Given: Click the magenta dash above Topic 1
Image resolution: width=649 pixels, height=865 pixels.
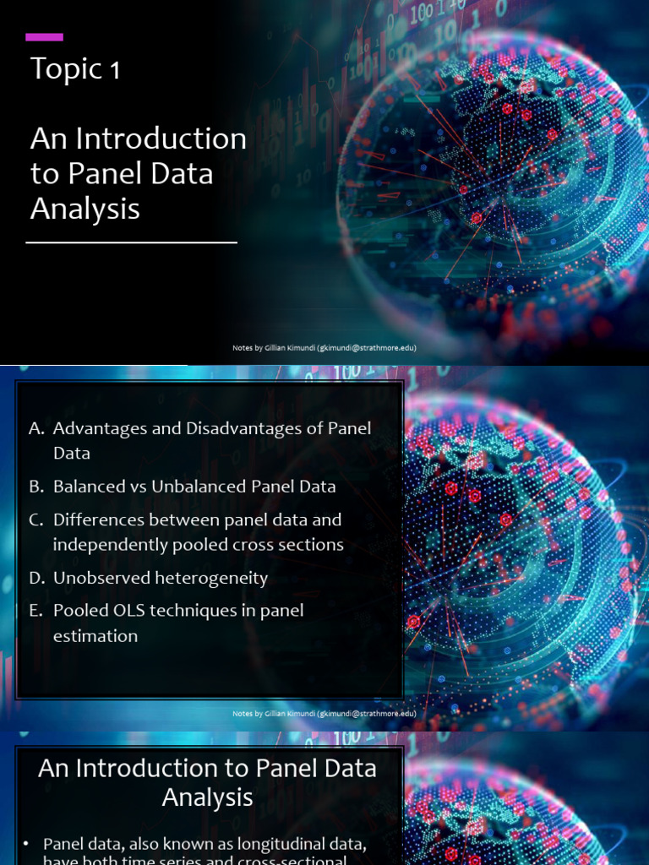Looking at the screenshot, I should (44, 37).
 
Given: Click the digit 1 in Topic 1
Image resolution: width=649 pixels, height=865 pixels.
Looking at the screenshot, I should (114, 71).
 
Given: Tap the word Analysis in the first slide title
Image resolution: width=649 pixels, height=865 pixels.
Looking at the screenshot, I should (85, 209).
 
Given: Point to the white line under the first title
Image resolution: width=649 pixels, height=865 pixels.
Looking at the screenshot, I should (131, 242).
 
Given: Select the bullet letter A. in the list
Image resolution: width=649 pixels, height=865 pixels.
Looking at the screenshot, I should (36, 428).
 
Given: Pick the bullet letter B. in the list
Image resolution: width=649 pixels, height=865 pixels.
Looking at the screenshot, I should (36, 487).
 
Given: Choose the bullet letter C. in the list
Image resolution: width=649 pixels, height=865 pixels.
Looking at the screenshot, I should (36, 520).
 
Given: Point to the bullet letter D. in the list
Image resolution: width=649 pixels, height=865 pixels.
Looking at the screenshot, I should (36, 578).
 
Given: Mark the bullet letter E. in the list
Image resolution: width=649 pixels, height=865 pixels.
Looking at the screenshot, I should (36, 610).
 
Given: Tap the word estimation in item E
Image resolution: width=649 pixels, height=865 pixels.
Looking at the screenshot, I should (95, 635).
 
